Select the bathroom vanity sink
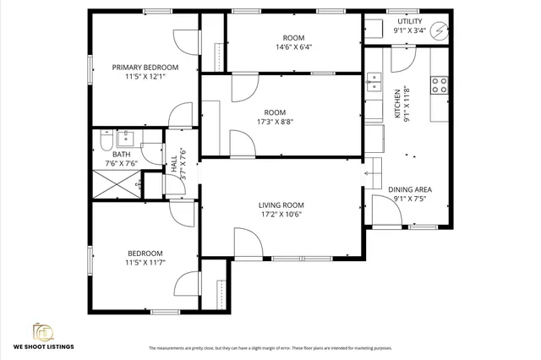coord(124,137)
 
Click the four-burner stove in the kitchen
coord(440,85)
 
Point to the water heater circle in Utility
coord(440,30)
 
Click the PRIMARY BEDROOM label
coord(145,68)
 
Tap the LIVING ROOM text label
coord(281,205)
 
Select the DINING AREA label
coord(411,189)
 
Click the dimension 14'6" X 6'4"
coord(293,48)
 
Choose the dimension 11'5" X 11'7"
coord(145,263)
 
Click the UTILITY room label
coord(410,21)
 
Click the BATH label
coord(122,154)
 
